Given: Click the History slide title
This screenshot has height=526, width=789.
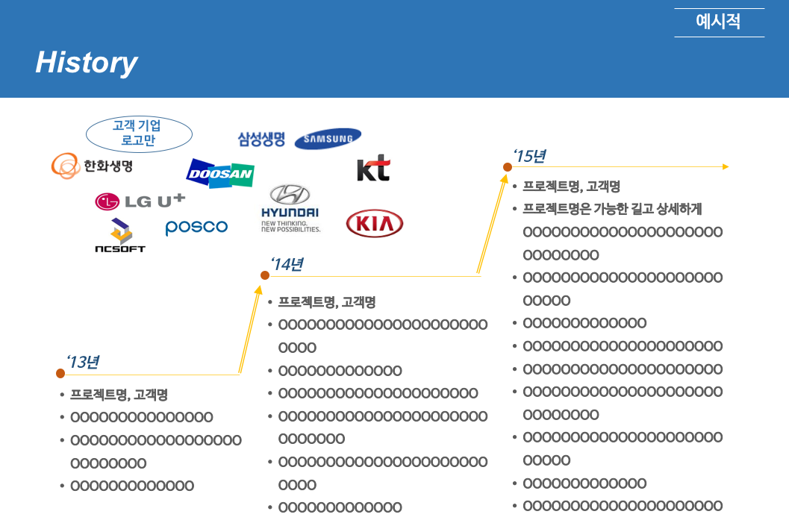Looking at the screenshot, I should pos(87,63).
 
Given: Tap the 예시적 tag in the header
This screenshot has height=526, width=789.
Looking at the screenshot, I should pos(718,22).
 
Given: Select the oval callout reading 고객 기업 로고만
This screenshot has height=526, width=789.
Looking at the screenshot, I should pos(139,134).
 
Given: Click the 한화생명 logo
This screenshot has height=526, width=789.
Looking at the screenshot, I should pos(93,166).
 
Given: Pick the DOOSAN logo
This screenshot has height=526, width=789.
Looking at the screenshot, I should pos(220,174).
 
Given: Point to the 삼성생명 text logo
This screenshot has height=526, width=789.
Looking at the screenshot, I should pos(261,139).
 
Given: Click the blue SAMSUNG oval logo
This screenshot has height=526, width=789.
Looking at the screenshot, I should pos(328,139).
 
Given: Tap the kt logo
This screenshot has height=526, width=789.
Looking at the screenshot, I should pos(373,169).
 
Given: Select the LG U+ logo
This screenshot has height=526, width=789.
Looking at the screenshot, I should pos(140,201).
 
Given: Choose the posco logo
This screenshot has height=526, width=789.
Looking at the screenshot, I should pos(196,227).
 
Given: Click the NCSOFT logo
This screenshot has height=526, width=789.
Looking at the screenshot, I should pos(120,236).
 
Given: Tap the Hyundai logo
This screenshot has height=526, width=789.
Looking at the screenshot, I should pos(290,208).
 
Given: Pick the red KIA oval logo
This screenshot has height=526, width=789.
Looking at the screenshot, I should pos(375,224).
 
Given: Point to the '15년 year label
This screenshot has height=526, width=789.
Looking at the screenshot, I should pos(529,156).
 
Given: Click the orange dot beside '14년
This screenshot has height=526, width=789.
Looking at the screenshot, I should pos(264,275).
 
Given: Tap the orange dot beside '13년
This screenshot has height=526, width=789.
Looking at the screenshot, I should pos(60,373).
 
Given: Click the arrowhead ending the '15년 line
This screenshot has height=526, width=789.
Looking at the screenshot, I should pos(725,167).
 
